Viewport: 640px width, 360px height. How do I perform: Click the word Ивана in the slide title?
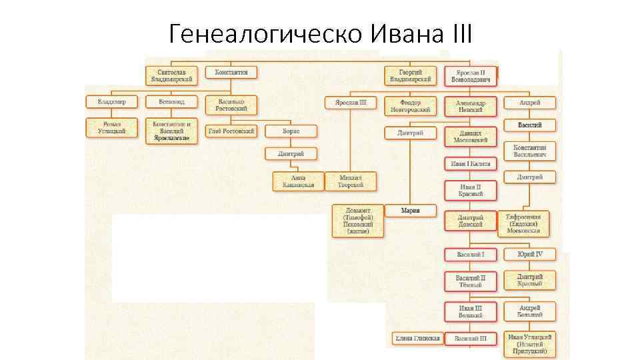(x=406, y=32)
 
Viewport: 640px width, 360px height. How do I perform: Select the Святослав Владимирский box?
(x=171, y=75)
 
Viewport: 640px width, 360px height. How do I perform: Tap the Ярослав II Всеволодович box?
(x=471, y=75)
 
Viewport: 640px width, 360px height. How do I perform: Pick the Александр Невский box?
(x=471, y=107)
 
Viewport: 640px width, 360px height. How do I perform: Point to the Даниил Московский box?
(x=471, y=136)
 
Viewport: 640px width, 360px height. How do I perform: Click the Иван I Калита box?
(x=471, y=163)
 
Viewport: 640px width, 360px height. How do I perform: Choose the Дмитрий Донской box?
(x=471, y=221)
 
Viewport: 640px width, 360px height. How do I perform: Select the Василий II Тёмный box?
(x=471, y=281)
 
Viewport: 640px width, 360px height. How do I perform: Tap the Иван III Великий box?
(x=471, y=311)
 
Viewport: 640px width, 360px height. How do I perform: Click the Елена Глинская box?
(x=417, y=339)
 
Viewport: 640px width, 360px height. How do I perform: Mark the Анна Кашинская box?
(x=298, y=181)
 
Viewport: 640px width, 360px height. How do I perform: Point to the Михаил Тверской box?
(x=351, y=181)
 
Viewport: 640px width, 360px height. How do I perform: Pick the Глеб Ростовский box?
(x=231, y=131)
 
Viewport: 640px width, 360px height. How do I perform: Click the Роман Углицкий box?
(x=111, y=127)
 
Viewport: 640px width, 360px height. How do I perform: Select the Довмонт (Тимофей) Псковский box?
(x=359, y=221)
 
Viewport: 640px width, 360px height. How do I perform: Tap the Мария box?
(x=411, y=211)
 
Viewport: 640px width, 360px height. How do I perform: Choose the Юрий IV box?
(x=529, y=255)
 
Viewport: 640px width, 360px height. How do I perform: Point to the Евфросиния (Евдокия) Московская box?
(x=524, y=224)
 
